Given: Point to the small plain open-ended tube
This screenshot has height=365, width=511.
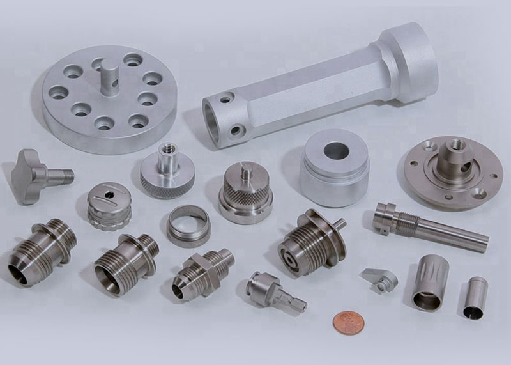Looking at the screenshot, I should (473, 297).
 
